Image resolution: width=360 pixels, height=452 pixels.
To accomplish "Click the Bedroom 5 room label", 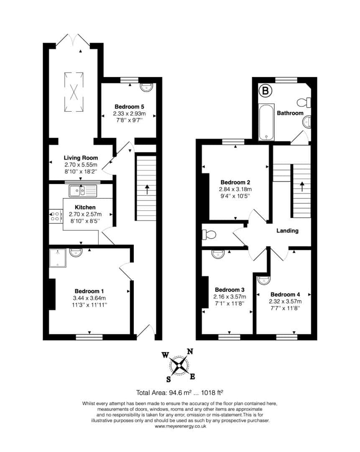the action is click(x=129, y=107).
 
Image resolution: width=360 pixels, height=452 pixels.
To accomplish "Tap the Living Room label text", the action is click(x=81, y=158).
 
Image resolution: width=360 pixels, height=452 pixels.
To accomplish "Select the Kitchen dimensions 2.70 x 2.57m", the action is click(x=85, y=214).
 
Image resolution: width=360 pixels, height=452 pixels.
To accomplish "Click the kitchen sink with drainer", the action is click(x=83, y=191).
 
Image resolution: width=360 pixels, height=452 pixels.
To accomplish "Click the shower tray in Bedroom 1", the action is click(x=58, y=258).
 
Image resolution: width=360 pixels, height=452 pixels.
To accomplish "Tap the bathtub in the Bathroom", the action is click(x=266, y=122).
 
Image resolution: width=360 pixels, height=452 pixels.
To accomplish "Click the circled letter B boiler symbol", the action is click(x=265, y=91).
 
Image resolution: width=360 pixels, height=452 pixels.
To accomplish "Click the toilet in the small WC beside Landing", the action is click(x=209, y=235).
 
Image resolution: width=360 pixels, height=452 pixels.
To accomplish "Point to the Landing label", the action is click(x=287, y=231).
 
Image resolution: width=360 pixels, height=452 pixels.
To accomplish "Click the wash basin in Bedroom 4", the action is click(x=263, y=280).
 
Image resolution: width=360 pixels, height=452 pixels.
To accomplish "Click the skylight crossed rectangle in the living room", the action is click(x=74, y=92).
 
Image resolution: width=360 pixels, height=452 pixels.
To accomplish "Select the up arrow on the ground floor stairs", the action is click(x=147, y=189).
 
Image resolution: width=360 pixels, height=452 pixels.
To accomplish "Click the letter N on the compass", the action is click(x=190, y=352).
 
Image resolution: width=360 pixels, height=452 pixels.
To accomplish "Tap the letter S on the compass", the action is click(x=169, y=379).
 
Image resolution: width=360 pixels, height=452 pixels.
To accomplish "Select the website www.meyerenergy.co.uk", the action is click(x=180, y=426).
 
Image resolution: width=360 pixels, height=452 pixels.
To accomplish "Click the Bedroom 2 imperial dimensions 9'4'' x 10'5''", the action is click(x=235, y=196).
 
